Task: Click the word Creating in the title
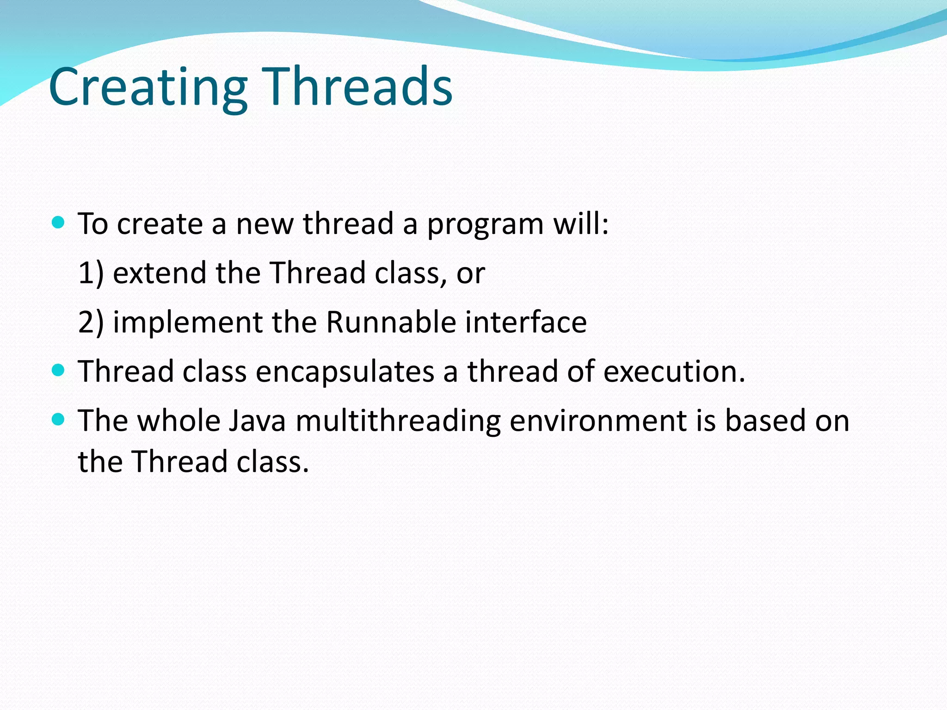[x=148, y=88]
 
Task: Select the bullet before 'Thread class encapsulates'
[x=58, y=370]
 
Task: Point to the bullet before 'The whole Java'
[x=58, y=419]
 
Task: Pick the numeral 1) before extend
[x=91, y=273]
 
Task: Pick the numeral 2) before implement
[x=91, y=322]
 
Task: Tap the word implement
[x=188, y=323]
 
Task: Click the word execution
[x=674, y=372]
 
